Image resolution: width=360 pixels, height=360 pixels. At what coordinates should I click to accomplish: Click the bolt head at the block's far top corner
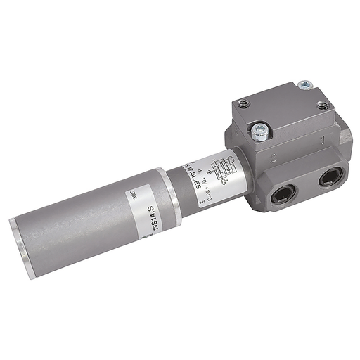(304, 85)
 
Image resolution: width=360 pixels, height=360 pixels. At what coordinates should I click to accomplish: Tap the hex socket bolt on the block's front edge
(259, 129)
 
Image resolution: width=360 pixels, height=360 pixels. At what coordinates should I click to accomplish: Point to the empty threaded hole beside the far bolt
(322, 106)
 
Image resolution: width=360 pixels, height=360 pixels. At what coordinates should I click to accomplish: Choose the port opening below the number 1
(329, 178)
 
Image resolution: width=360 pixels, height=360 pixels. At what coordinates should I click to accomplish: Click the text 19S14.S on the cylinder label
(150, 219)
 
